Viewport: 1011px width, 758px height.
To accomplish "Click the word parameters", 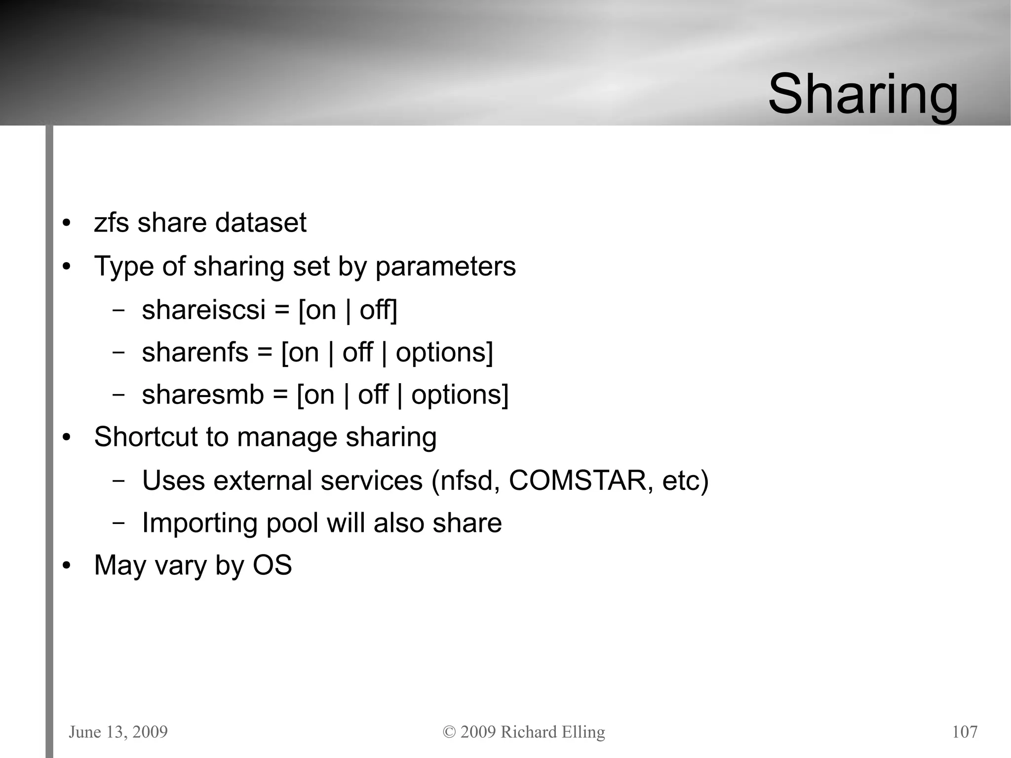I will [445, 267].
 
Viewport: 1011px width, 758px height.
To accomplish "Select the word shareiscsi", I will [203, 310].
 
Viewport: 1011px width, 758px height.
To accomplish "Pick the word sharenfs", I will [195, 353].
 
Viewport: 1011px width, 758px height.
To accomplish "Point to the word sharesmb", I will [202, 395].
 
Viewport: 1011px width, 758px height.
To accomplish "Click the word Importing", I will [199, 523].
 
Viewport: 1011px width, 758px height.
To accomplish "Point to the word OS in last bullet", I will [272, 565].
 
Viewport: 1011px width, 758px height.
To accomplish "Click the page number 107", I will [965, 732].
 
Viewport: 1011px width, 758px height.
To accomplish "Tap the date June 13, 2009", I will [118, 732].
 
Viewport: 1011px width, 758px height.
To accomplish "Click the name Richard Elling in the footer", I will [552, 732].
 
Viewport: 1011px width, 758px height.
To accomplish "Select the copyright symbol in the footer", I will [449, 732].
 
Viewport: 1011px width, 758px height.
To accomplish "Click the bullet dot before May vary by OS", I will [67, 566].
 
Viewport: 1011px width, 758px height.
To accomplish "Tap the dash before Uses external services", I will [118, 481].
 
